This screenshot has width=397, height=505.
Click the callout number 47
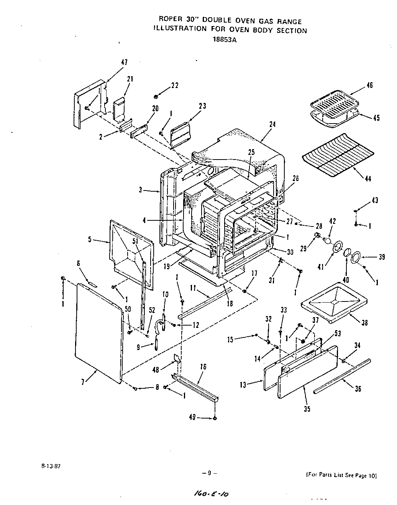point(125,62)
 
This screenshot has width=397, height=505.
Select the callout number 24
point(272,124)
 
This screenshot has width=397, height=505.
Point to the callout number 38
point(364,323)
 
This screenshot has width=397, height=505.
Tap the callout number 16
point(203,367)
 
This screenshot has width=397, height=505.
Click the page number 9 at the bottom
point(210,473)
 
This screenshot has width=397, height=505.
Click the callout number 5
point(89,239)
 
